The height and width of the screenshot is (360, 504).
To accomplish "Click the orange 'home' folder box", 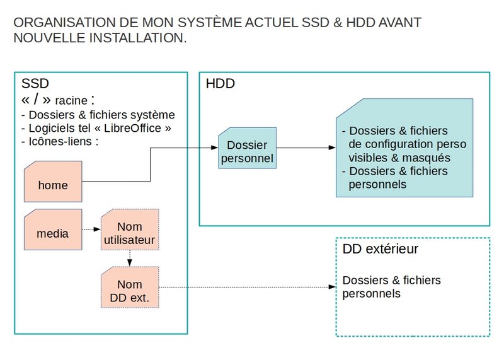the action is (53, 182).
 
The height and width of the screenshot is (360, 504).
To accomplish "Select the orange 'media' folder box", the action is (53, 229).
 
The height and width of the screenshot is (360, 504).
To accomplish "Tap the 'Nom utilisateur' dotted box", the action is (130, 229).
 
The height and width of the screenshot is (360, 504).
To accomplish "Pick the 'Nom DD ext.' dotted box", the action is (130, 287).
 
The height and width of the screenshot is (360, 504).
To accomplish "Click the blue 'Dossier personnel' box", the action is (247, 148).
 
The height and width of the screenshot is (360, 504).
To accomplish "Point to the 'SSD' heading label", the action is (35, 83).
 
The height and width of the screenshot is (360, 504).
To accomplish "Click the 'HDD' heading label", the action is (220, 84).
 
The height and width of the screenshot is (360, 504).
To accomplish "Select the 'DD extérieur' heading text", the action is (381, 249).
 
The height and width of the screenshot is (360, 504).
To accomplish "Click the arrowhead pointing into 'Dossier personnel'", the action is (214, 148).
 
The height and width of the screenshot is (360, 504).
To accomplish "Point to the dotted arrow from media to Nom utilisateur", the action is (91, 229).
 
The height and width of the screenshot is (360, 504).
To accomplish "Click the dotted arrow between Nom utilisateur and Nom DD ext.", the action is (130, 258).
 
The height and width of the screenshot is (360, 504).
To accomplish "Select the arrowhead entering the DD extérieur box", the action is (333, 287).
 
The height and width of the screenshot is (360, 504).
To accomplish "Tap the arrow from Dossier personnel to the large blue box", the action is (306, 148).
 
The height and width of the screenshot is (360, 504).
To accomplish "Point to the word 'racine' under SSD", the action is (71, 101).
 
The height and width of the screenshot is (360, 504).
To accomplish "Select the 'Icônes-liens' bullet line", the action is (60, 141).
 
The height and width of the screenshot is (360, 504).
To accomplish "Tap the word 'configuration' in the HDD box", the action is (398, 144).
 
